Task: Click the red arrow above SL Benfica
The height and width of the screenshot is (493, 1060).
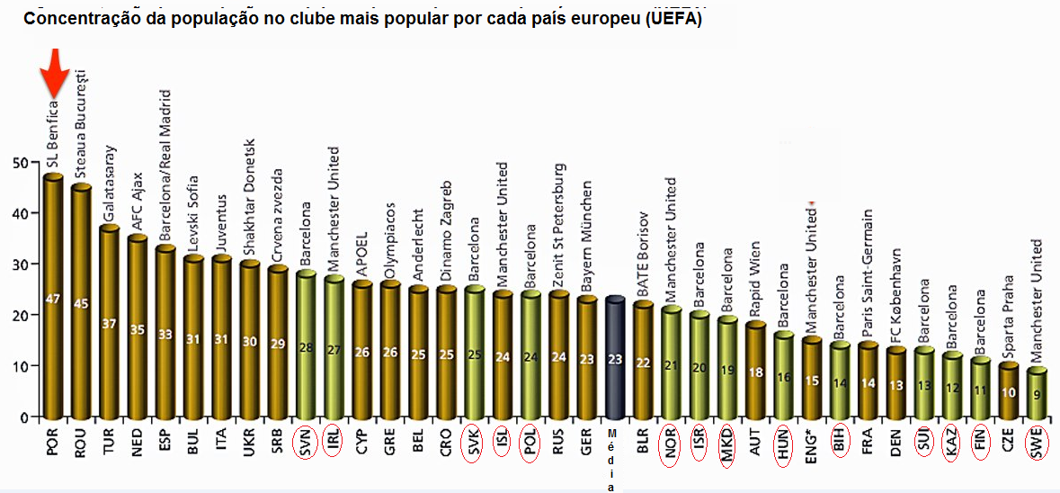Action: (55, 75)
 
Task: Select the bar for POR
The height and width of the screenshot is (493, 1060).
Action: (53, 297)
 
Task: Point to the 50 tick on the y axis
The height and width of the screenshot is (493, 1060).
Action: (17, 163)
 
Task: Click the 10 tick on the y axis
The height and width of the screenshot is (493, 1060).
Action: (17, 367)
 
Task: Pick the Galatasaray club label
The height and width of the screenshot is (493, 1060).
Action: (110, 183)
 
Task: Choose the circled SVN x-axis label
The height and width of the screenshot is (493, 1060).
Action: (306, 444)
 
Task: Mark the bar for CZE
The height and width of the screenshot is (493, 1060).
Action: (1008, 390)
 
